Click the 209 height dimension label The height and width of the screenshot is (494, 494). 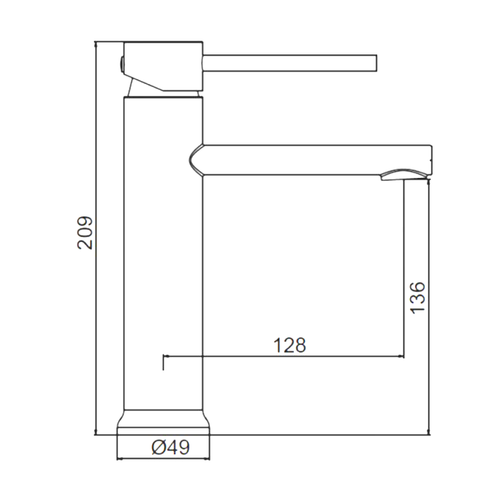pyautogui.click(x=85, y=233)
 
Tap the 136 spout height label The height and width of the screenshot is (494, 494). pyautogui.click(x=417, y=298)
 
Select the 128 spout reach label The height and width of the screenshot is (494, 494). pyautogui.click(x=290, y=345)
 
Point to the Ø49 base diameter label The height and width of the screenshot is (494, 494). pyautogui.click(x=171, y=446)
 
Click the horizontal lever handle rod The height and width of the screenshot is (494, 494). pyautogui.click(x=290, y=63)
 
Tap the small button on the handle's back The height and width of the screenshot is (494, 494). pyautogui.click(x=120, y=65)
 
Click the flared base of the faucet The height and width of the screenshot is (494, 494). pyautogui.click(x=163, y=422)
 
